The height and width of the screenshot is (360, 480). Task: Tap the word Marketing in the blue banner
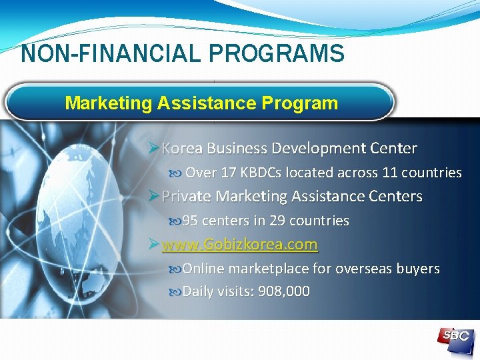(109, 103)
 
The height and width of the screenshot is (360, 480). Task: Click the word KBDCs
(262, 173)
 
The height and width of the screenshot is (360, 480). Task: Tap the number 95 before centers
(190, 221)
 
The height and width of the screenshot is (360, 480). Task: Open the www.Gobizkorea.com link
(239, 245)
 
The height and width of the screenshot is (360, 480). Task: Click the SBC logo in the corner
(455, 336)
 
